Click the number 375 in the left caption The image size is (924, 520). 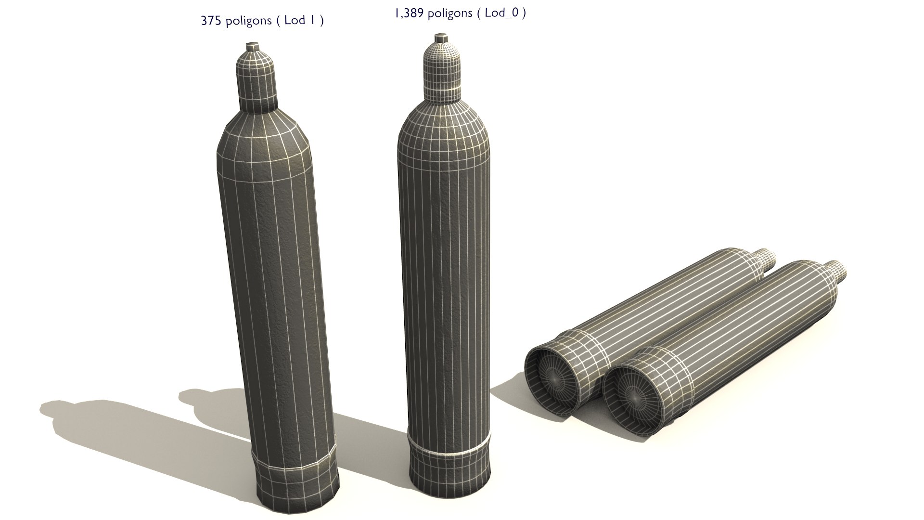pyautogui.click(x=210, y=21)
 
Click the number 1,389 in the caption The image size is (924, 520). pyautogui.click(x=409, y=13)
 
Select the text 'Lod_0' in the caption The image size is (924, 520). pyautogui.click(x=501, y=13)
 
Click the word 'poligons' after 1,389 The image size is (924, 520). pyautogui.click(x=450, y=14)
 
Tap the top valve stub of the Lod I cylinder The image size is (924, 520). pyautogui.click(x=253, y=47)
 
